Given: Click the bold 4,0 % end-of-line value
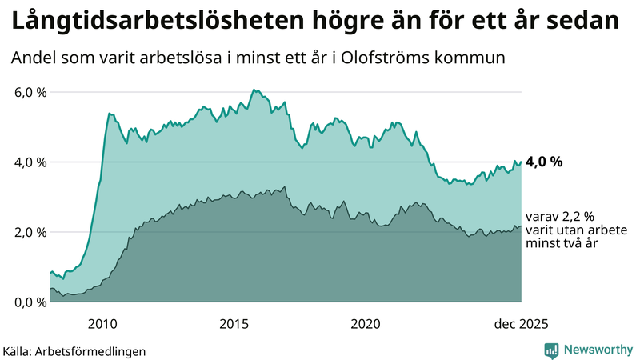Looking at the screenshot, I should pos(544,162).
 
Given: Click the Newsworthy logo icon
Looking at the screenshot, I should pos(551,350).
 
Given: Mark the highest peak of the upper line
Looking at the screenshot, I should pos(253,90).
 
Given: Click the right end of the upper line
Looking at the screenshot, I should pos(521,162).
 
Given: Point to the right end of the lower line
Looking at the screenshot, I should pos(521,226).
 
